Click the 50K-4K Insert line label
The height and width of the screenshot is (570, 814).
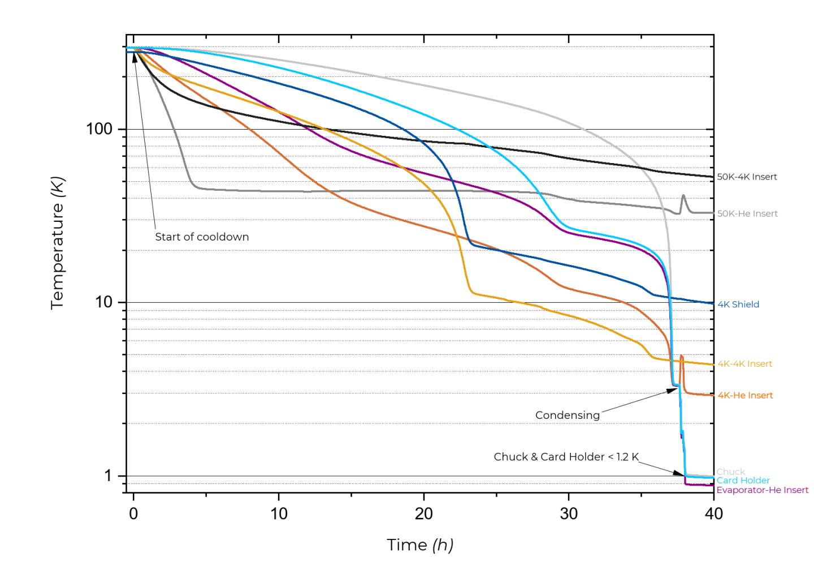[x=747, y=177]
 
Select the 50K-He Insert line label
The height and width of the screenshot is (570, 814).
[x=747, y=213]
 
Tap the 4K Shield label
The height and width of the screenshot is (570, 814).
[x=738, y=304]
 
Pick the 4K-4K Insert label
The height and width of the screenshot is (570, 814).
[x=744, y=363]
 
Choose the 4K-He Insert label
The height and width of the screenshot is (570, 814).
[x=745, y=395]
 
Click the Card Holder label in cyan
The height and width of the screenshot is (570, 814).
[x=743, y=480]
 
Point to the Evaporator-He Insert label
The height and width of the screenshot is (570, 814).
[x=762, y=490]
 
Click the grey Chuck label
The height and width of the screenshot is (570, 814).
[x=730, y=472]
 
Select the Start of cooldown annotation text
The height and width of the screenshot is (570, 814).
[x=202, y=237]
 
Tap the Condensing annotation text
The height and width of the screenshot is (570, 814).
[x=567, y=415]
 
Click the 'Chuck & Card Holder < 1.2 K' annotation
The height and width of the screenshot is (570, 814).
[x=566, y=456]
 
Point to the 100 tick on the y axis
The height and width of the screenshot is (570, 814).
[x=99, y=129]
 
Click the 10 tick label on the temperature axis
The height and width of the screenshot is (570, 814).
[x=103, y=302]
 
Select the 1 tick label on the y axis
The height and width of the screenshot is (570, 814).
[x=108, y=475]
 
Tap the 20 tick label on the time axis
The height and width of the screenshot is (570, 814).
[x=423, y=513]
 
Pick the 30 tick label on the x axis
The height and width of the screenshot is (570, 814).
[x=569, y=513]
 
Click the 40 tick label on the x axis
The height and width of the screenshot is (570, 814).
[x=713, y=513]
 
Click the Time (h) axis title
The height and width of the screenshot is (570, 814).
[x=420, y=545]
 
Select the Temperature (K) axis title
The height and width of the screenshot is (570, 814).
[x=57, y=243]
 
